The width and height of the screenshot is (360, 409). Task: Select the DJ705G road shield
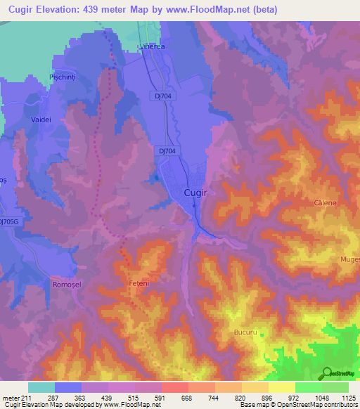tap(8, 221)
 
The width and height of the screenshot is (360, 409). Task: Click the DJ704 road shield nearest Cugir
tap(167, 150)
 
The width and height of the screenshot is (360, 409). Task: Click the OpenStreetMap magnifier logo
tap(326, 373)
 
